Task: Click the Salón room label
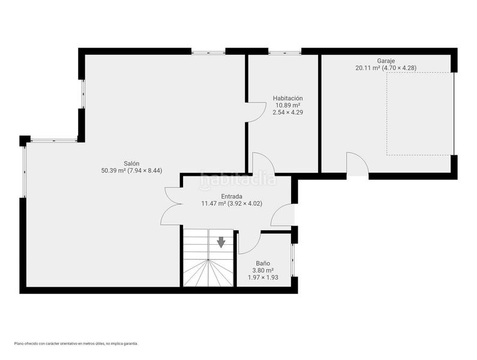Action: pos(131,163)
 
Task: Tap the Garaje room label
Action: pos(386,61)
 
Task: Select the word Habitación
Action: pos(288,98)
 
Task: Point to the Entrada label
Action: pos(232,196)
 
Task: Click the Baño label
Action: pos(263,263)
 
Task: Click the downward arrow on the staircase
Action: pos(221,242)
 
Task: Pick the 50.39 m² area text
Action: pos(113,171)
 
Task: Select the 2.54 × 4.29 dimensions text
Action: pos(288,112)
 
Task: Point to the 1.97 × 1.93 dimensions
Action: pos(263,277)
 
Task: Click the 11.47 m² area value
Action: pos(214,203)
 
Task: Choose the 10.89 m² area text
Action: pos(288,105)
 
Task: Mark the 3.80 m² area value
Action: pos(263,270)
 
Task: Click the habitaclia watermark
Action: pos(238,180)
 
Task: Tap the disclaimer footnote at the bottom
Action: pos(76,344)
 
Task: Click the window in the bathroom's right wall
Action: pos(293,260)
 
